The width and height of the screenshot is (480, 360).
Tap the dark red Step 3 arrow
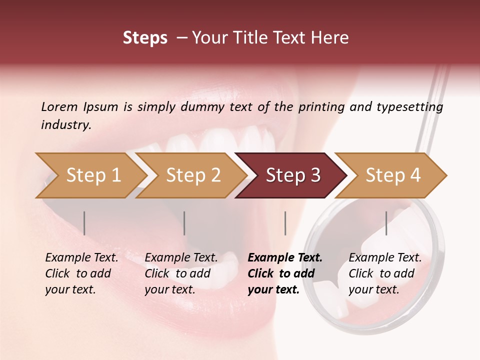pyautogui.click(x=293, y=175)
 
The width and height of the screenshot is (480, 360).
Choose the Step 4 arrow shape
pyautogui.click(x=393, y=175)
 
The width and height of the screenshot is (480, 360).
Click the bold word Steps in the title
pyautogui.click(x=145, y=38)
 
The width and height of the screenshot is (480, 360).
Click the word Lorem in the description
pyautogui.click(x=59, y=106)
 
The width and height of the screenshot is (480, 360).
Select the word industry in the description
pyautogui.click(x=66, y=124)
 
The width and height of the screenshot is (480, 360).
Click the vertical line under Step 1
pyautogui.click(x=84, y=223)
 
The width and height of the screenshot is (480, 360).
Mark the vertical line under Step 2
pyautogui.click(x=184, y=223)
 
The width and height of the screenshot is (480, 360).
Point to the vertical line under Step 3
pyautogui.click(x=285, y=223)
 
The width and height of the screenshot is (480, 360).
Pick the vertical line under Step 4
pyautogui.click(x=386, y=223)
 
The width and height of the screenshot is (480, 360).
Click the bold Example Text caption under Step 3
pyautogui.click(x=285, y=273)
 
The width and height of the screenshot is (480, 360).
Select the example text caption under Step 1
pyautogui.click(x=81, y=273)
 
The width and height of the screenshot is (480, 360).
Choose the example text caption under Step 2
pyautogui.click(x=181, y=273)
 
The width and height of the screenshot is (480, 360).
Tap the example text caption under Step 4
pyautogui.click(x=385, y=273)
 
